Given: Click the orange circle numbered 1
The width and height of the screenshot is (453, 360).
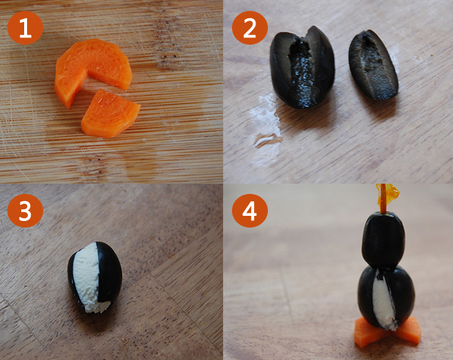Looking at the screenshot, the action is (x=25, y=28).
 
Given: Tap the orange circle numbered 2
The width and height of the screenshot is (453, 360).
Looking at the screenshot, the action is (x=250, y=28).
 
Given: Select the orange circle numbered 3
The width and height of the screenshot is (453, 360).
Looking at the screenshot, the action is (x=25, y=211).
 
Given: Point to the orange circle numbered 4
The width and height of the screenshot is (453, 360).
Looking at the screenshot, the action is (x=250, y=211).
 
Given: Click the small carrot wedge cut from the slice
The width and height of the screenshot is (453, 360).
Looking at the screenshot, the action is (x=111, y=113).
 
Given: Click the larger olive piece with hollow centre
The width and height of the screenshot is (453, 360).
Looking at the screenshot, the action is (x=302, y=67).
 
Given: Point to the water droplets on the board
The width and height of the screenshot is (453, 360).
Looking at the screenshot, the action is (x=266, y=121).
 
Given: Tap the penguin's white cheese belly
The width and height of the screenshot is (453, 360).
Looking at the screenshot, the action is (x=383, y=301).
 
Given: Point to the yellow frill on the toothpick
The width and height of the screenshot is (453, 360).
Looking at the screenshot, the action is (x=388, y=195).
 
